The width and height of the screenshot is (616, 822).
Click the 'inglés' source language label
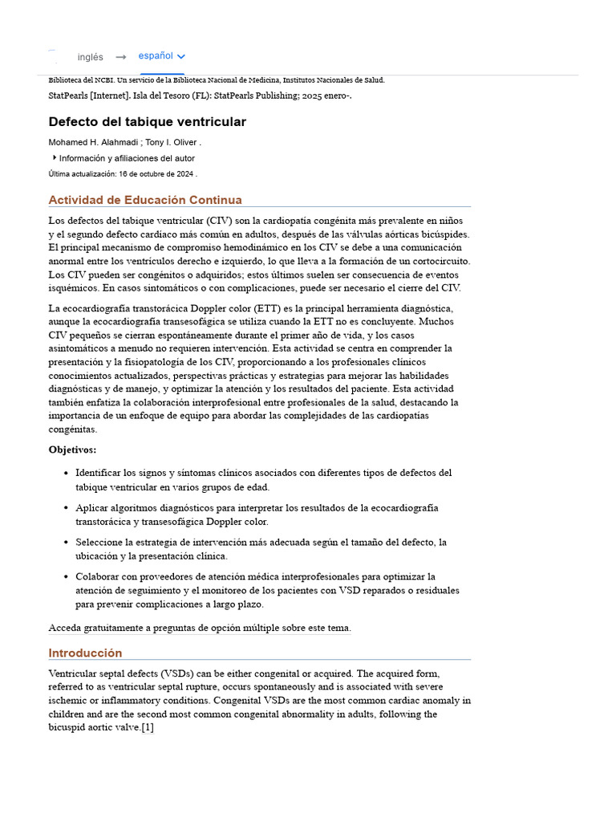[90, 57]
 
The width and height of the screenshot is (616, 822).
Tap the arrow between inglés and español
[120, 57]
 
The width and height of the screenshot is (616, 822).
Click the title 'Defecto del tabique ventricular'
[147, 122]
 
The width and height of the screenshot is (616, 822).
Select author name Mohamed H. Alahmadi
[92, 143]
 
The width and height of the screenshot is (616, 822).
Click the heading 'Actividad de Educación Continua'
[144, 200]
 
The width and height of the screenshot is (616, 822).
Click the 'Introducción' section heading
[85, 653]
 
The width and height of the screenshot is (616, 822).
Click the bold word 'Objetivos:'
[72, 450]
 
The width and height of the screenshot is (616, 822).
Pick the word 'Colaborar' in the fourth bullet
[99, 576]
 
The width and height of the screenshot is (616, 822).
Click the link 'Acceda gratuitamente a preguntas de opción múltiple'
[199, 628]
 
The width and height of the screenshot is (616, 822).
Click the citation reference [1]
[147, 727]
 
